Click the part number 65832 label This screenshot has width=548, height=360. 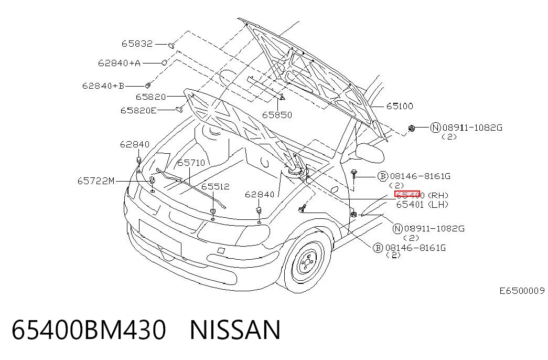[x=137, y=44]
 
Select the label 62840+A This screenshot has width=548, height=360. [x=119, y=63]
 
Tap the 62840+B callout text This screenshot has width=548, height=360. [x=103, y=86]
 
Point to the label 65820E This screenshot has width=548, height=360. [x=138, y=111]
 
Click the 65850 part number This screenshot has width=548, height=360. [x=277, y=115]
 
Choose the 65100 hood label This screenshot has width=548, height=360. [x=400, y=106]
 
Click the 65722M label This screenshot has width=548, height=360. [x=96, y=181]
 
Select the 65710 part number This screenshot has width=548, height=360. [x=191, y=163]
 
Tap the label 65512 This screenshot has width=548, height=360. [x=216, y=186]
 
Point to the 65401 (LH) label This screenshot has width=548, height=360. [x=422, y=204]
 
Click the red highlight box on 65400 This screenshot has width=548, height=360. [x=407, y=194]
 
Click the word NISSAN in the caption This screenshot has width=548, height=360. [x=235, y=330]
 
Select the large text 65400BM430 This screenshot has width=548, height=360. [x=89, y=330]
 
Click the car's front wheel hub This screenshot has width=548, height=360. [x=307, y=263]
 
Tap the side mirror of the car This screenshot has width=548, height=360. [x=369, y=152]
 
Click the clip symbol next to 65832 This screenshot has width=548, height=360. [x=171, y=45]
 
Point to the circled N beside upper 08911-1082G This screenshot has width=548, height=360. [x=435, y=128]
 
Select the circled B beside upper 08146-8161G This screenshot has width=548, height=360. [x=383, y=176]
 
